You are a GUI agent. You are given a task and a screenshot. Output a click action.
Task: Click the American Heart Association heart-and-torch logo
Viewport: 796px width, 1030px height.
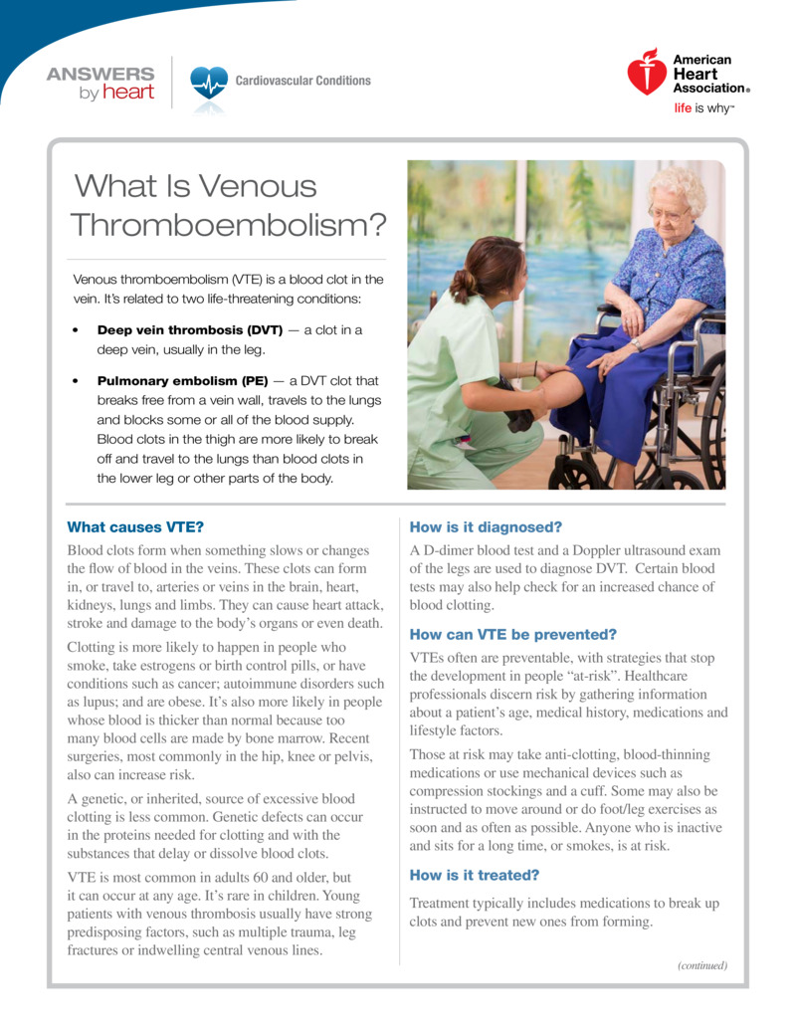[x=647, y=72]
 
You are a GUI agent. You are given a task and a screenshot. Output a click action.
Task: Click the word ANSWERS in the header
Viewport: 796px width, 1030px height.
[x=100, y=74]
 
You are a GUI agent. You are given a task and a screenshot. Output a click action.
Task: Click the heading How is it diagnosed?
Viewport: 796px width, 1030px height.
[x=486, y=526]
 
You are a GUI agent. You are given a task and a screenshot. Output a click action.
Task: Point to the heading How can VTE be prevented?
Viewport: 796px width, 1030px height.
[x=513, y=634]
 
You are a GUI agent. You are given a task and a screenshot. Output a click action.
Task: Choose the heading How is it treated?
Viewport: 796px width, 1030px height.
[x=474, y=875]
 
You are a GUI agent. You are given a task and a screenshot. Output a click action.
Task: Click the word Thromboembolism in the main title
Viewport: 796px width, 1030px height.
[x=228, y=225]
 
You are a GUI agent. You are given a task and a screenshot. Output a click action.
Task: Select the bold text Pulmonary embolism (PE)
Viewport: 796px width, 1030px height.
[x=182, y=380]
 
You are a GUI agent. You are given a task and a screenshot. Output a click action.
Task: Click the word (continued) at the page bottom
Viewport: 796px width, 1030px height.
[x=702, y=965]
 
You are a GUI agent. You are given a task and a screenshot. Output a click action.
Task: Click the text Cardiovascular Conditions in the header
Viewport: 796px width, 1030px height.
[x=302, y=81]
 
